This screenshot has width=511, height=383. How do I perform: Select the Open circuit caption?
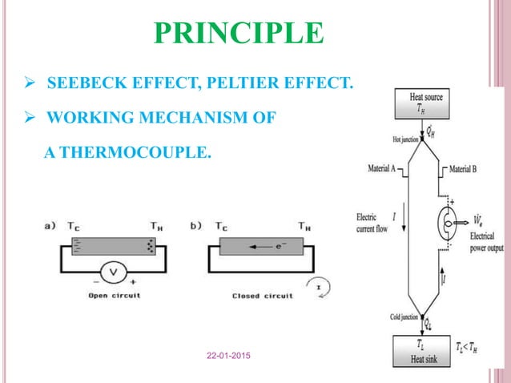[111, 296]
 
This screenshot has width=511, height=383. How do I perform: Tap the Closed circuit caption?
[260, 296]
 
